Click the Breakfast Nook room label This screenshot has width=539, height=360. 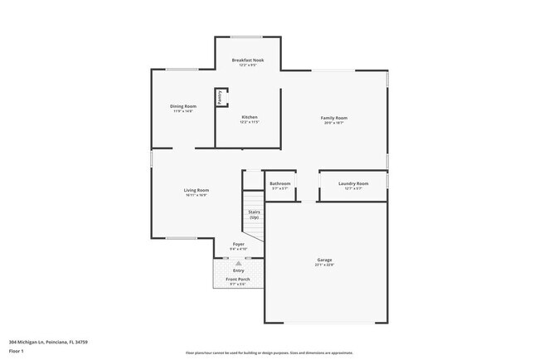(248, 60)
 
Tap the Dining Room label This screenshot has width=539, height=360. (182, 106)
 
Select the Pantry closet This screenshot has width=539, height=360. (221, 98)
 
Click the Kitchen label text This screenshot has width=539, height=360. (250, 117)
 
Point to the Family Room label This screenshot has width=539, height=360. (334, 118)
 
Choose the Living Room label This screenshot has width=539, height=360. (197, 190)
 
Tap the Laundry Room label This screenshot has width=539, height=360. (353, 183)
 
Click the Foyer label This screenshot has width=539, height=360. (238, 244)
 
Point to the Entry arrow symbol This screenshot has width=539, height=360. (238, 262)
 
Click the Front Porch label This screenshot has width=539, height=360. (238, 279)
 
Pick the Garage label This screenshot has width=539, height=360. (324, 260)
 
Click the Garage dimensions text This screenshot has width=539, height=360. (324, 265)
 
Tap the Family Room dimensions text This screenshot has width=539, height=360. (334, 123)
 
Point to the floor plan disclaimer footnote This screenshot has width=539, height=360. (269, 353)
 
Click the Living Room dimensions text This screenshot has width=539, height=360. (197, 195)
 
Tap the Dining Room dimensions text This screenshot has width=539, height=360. (182, 111)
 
